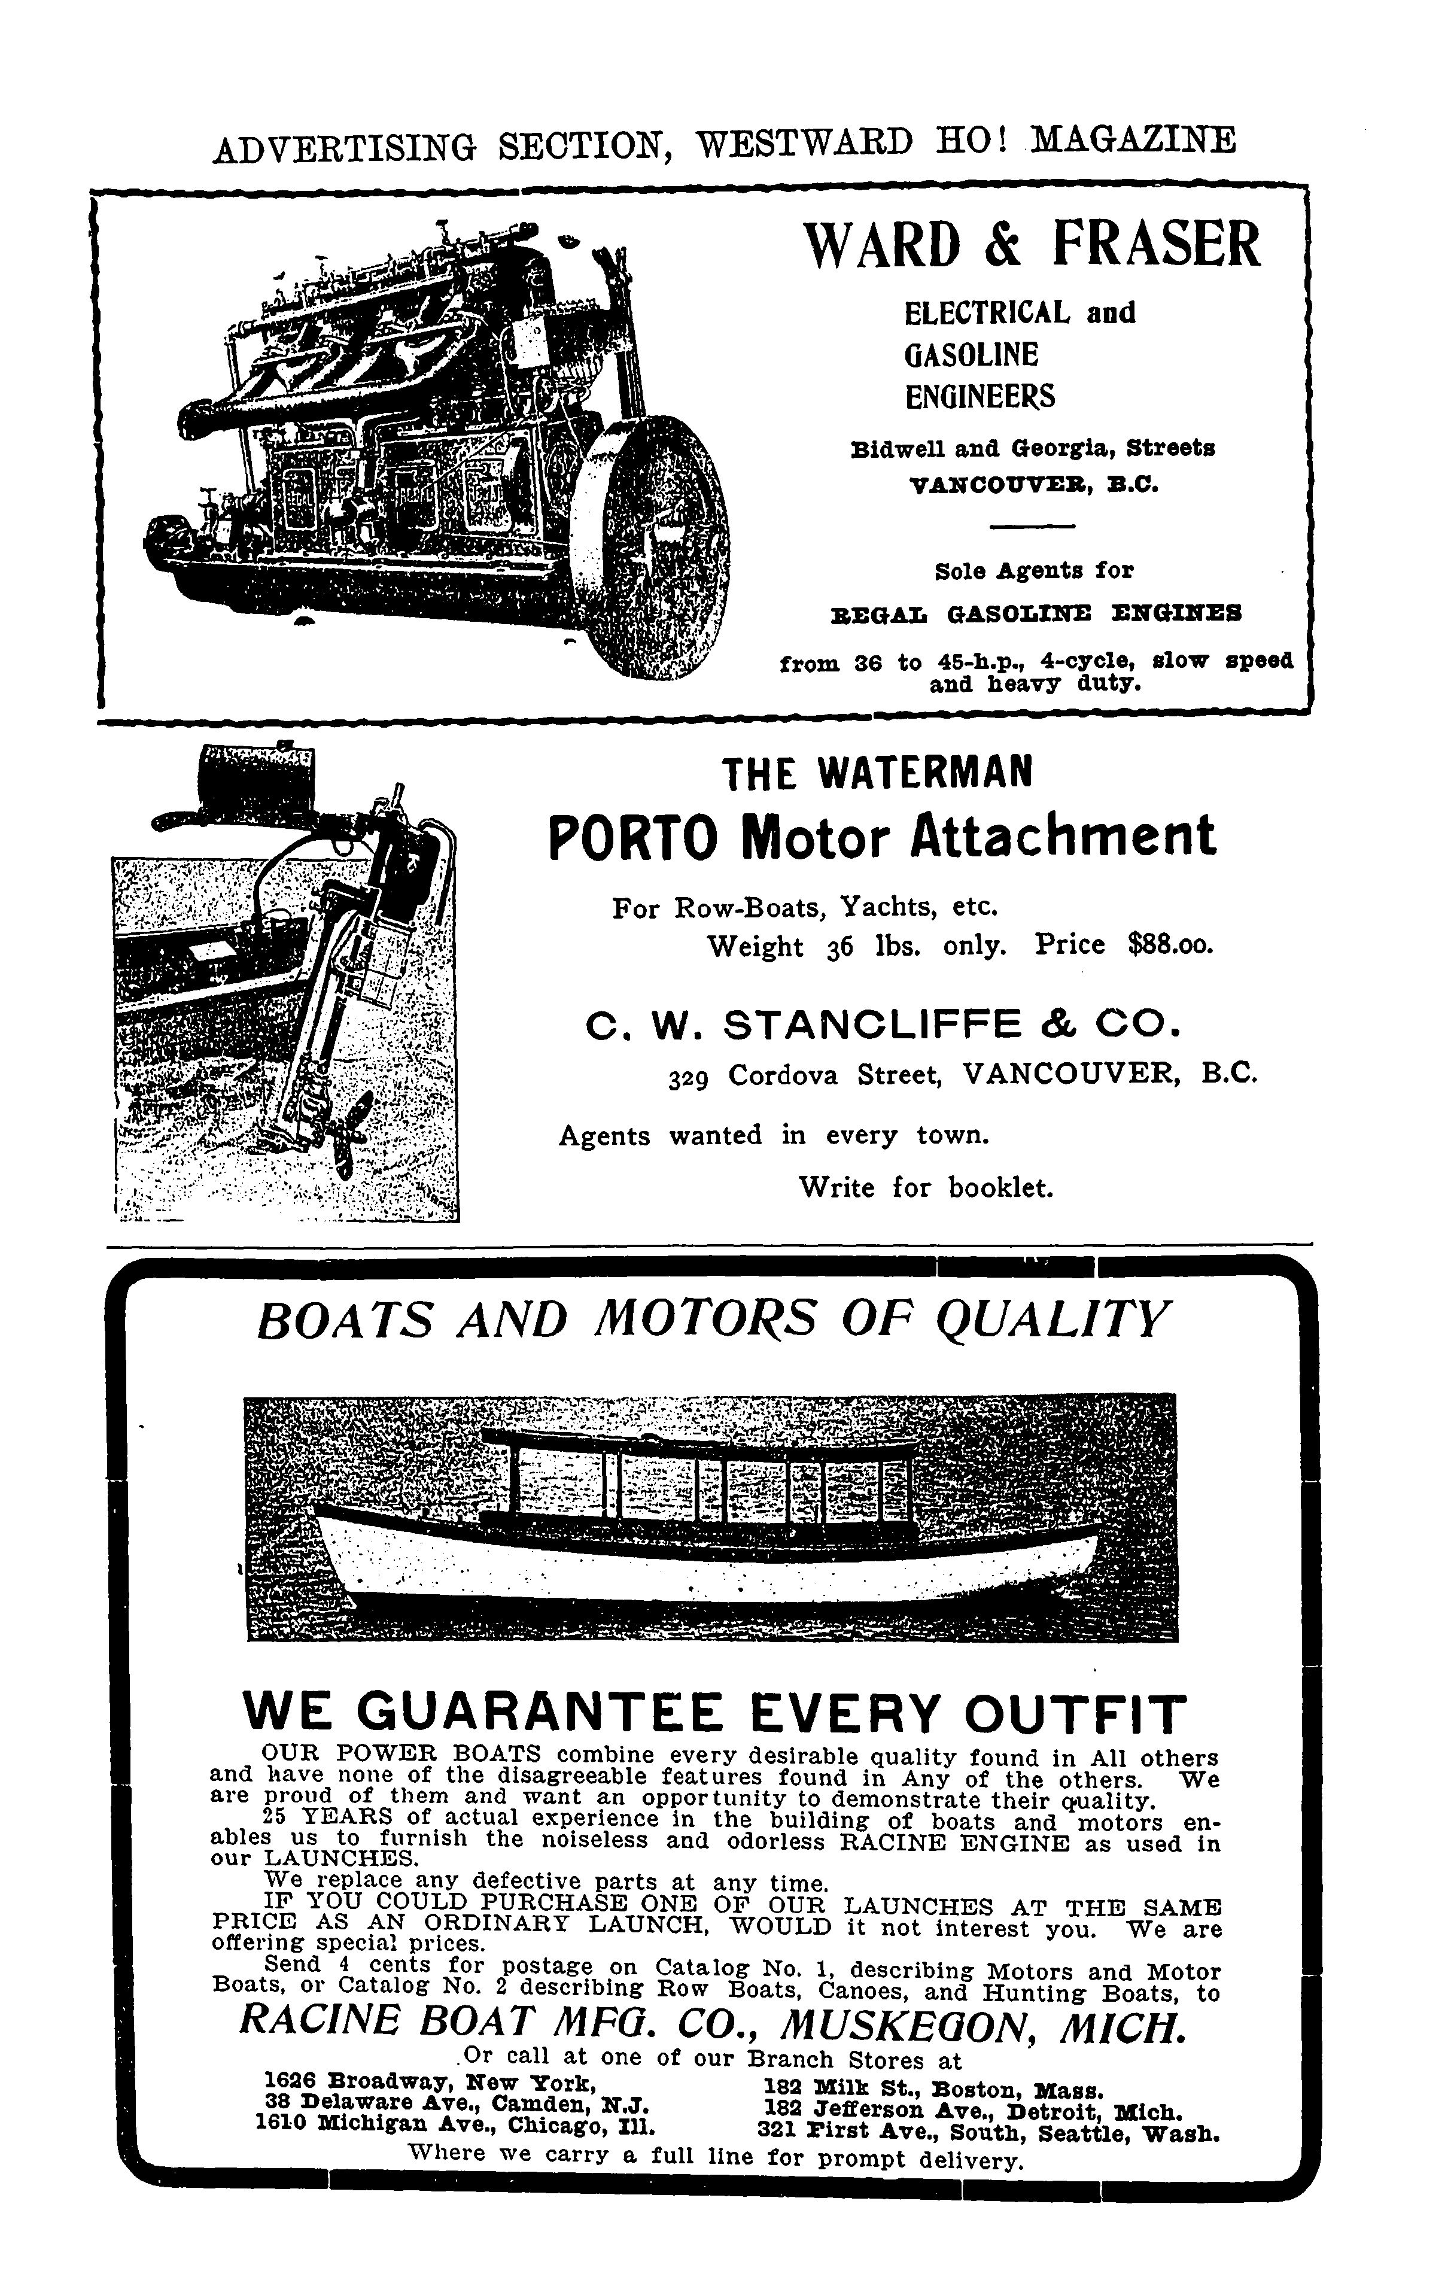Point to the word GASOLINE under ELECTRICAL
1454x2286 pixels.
[x=971, y=355]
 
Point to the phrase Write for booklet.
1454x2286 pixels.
[x=926, y=1188]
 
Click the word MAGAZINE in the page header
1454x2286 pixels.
[x=1133, y=141]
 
